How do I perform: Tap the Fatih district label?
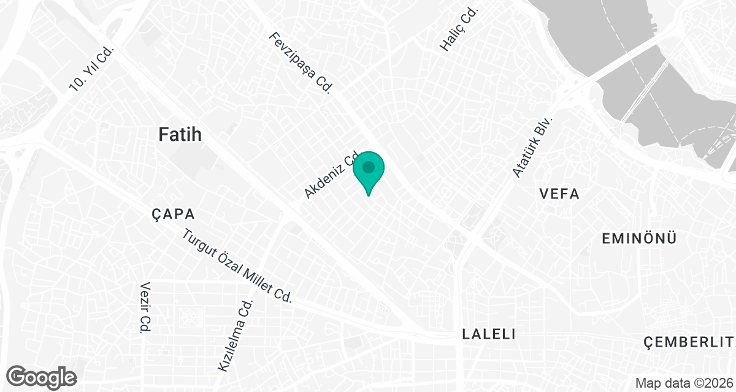(x=180, y=135)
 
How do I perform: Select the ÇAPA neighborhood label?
(x=173, y=214)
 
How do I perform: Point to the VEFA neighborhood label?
(x=559, y=194)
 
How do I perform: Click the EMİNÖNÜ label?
(x=639, y=238)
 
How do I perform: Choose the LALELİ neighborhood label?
(x=488, y=334)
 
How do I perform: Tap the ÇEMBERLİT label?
(x=689, y=341)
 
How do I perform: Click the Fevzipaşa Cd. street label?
(x=301, y=62)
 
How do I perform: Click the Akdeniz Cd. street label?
(x=332, y=175)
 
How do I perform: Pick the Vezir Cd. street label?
(x=145, y=307)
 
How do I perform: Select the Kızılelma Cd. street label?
(x=236, y=336)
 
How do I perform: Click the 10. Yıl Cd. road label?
(x=92, y=69)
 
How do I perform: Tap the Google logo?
(x=42, y=376)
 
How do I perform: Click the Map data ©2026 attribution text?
(x=683, y=383)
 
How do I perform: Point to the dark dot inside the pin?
(x=369, y=167)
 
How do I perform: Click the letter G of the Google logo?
(x=17, y=375)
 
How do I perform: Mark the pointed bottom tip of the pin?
(x=369, y=195)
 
